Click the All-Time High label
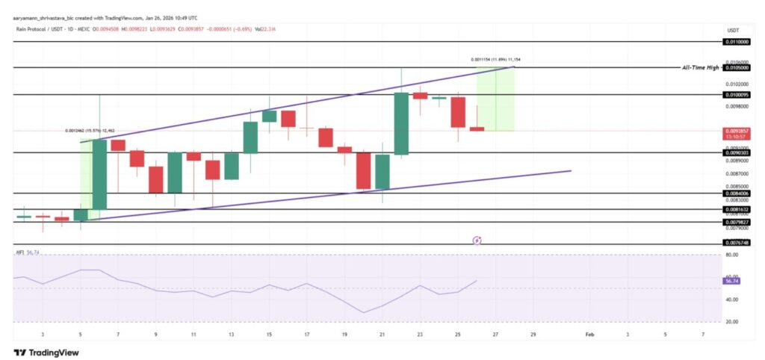click(700, 68)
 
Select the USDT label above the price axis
click(733, 29)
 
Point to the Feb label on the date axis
click(589, 335)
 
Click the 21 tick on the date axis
click(382, 335)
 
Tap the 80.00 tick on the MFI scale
click(732, 255)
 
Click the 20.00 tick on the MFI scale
click(732, 322)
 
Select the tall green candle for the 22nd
click(401, 123)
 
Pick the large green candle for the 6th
click(99, 174)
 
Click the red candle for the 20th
click(363, 171)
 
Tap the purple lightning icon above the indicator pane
click(477, 240)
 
